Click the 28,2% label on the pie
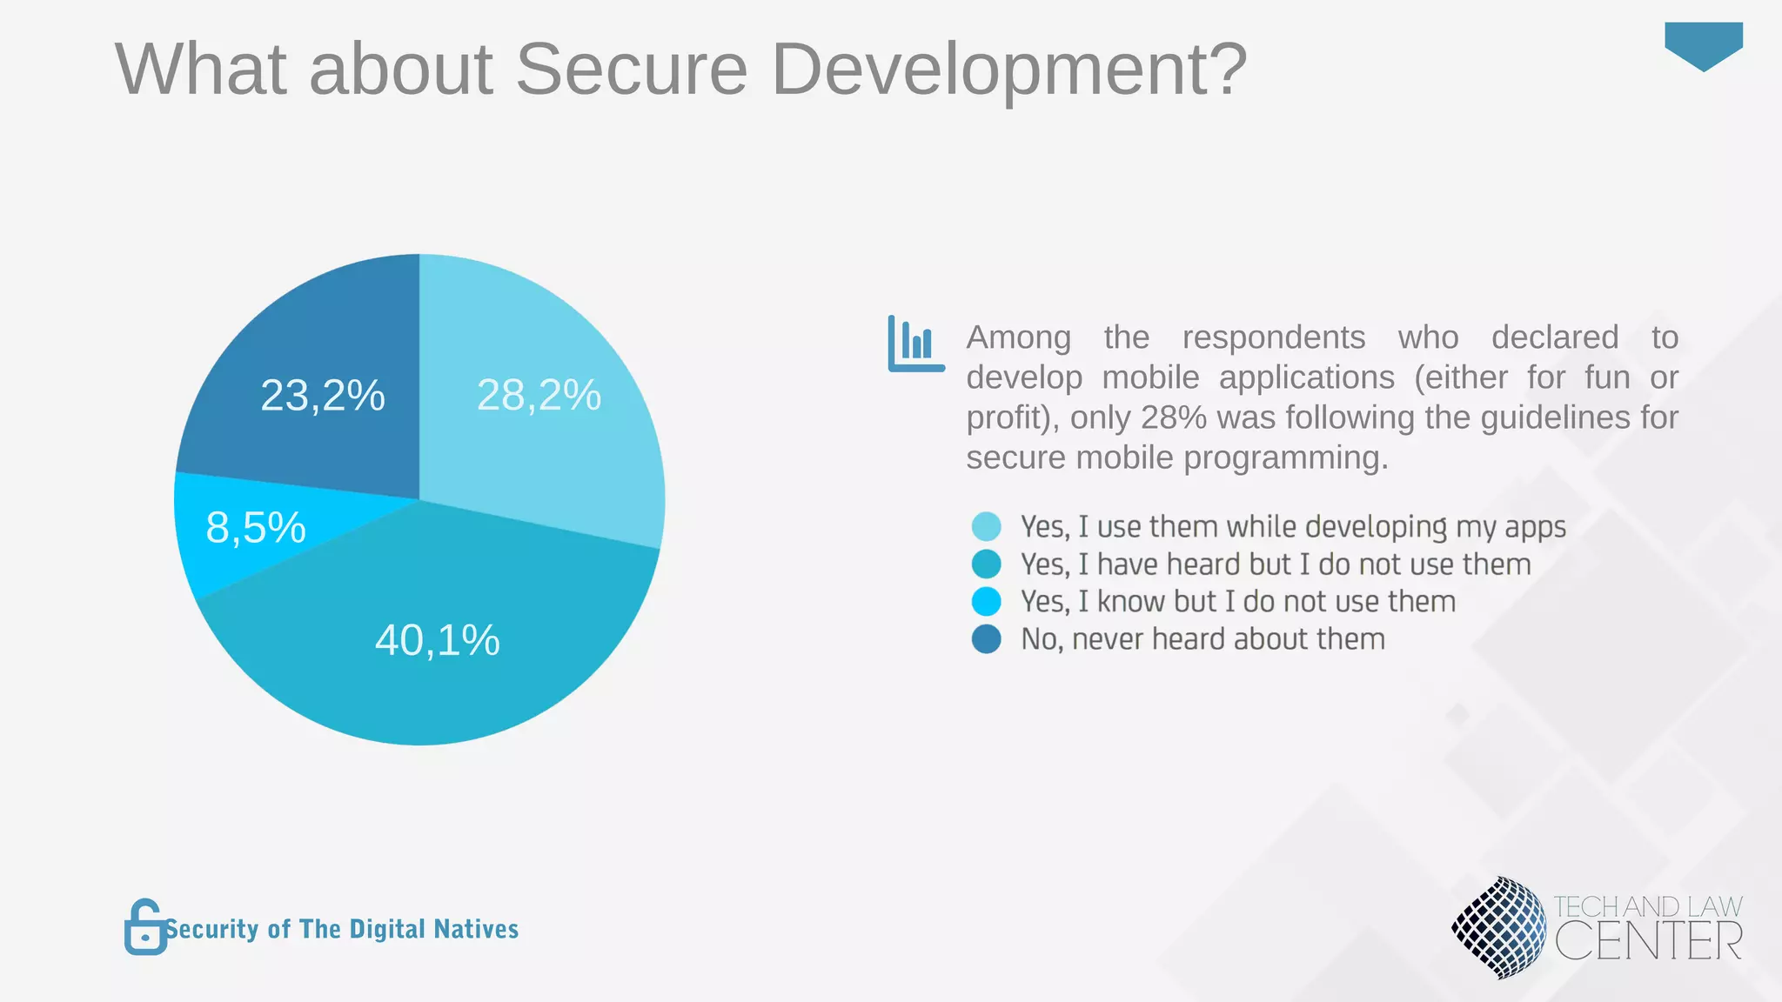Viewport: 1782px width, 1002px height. point(539,395)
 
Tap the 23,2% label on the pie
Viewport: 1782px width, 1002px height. point(323,396)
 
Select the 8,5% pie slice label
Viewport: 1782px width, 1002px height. point(256,528)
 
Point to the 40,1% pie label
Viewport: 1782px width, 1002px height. point(438,640)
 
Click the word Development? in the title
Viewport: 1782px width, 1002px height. point(1009,70)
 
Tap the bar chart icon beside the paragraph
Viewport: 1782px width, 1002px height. point(915,344)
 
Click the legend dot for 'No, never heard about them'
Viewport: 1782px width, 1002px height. point(986,639)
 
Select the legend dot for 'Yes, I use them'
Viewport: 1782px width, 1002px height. point(986,526)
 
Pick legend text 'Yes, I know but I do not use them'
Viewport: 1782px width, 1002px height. point(1238,602)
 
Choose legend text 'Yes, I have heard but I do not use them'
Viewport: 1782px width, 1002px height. point(1276,564)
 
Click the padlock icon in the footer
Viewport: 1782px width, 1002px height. point(144,928)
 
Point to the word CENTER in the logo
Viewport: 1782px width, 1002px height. point(1648,942)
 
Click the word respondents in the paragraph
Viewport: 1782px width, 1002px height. point(1273,337)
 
